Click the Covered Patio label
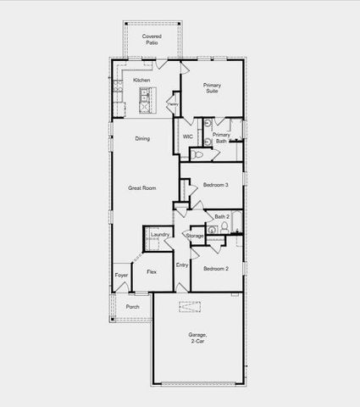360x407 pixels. pyautogui.click(x=152, y=40)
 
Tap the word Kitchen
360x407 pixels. pyautogui.click(x=141, y=81)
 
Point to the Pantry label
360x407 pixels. pyautogui.click(x=173, y=104)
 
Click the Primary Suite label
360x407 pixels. pyautogui.click(x=212, y=88)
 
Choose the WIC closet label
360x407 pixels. pyautogui.click(x=188, y=136)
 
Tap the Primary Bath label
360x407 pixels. pyautogui.click(x=221, y=138)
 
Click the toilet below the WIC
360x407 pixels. pyautogui.click(x=196, y=155)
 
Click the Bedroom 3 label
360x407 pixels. pyautogui.click(x=215, y=184)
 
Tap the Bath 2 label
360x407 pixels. pyautogui.click(x=222, y=216)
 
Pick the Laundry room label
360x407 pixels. pyautogui.click(x=160, y=234)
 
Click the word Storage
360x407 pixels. pyautogui.click(x=195, y=235)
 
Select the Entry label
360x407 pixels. pyautogui.click(x=182, y=265)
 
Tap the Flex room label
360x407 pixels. pyautogui.click(x=151, y=271)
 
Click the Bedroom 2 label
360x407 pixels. pyautogui.click(x=215, y=268)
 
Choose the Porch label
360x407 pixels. pyautogui.click(x=132, y=306)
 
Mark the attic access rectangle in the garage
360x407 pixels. pyautogui.click(x=189, y=307)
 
